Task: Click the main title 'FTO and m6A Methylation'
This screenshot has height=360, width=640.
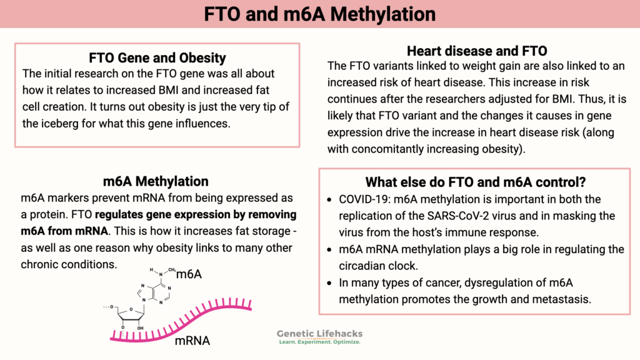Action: pyautogui.click(x=320, y=14)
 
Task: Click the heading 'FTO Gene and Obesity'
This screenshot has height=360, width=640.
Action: pyautogui.click(x=157, y=58)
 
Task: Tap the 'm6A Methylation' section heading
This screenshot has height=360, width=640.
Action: pyautogui.click(x=156, y=181)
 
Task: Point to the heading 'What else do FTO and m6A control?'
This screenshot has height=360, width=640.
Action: pyautogui.click(x=474, y=182)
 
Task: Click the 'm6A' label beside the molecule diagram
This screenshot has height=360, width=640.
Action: pyautogui.click(x=190, y=275)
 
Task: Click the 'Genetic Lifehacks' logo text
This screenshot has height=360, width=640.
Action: pyautogui.click(x=319, y=334)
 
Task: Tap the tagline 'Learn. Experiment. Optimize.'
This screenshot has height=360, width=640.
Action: pyautogui.click(x=319, y=342)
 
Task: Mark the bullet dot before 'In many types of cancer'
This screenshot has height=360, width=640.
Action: pyautogui.click(x=330, y=283)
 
